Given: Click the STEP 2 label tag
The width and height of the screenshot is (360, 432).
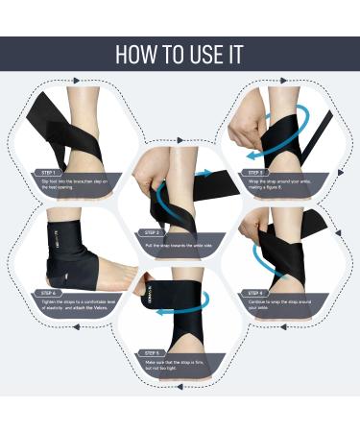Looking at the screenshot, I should pyautogui.click(x=152, y=233).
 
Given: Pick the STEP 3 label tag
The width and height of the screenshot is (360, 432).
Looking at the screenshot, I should pyautogui.click(x=256, y=173).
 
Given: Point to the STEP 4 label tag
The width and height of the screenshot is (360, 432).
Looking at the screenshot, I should pyautogui.click(x=256, y=293).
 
